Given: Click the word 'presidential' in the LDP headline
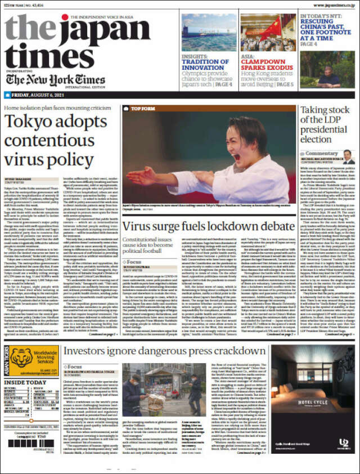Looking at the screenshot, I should (324, 128).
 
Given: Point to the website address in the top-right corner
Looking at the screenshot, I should (328, 3).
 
